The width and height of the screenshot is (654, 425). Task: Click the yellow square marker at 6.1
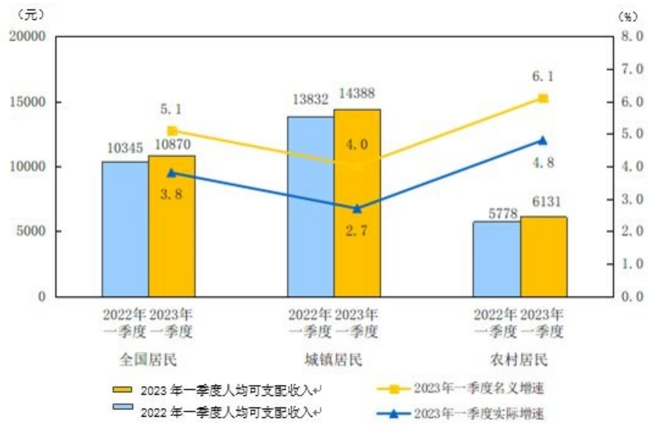coord(543,99)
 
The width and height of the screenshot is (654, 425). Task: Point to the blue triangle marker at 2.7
coord(357,209)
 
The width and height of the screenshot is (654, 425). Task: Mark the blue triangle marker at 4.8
coord(543,140)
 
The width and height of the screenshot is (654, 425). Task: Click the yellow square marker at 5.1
coord(172,131)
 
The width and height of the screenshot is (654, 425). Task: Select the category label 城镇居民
coord(333,360)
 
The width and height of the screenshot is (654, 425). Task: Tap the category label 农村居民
coord(519,360)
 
